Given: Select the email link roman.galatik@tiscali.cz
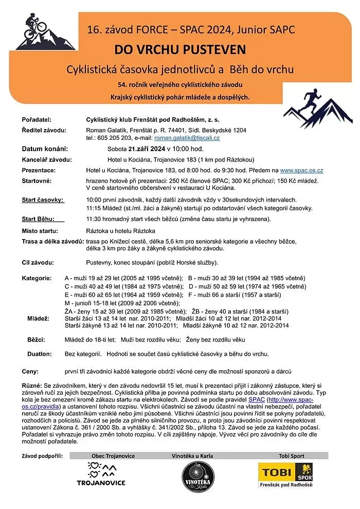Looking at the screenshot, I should (x=187, y=138).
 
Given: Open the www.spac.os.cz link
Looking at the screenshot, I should (x=301, y=170).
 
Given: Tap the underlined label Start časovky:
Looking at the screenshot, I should (x=43, y=199).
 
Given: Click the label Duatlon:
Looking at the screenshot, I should (x=40, y=354).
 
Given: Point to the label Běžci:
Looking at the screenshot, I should (x=36, y=340).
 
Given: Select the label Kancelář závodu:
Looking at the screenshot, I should (x=47, y=159).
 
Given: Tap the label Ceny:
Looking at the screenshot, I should (x=30, y=371).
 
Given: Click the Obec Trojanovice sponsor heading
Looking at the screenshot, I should (x=113, y=456).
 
